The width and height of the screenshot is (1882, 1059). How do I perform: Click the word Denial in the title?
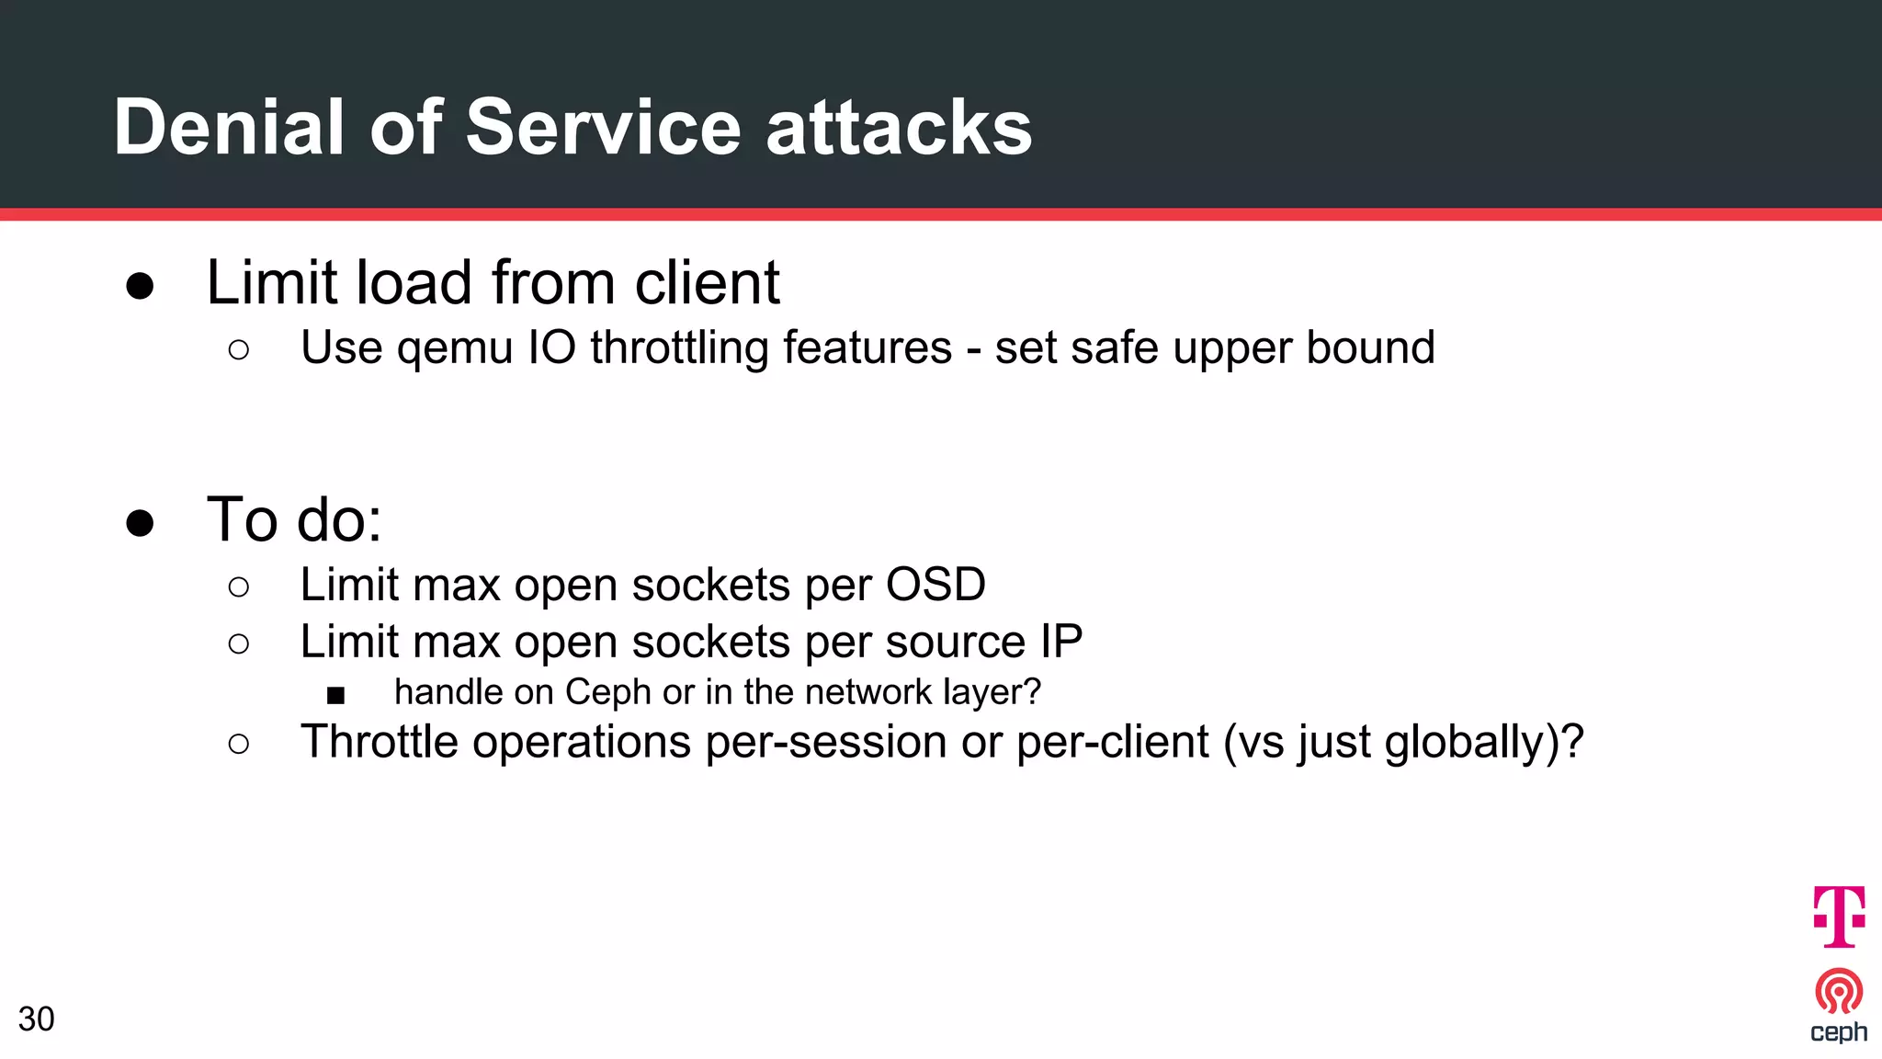point(229,127)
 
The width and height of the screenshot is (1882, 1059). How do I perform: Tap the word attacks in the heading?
point(899,127)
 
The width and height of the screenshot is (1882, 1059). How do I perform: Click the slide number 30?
point(36,1019)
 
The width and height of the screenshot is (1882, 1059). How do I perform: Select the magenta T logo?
point(1838,916)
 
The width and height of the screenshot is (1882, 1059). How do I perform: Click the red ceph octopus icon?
point(1838,991)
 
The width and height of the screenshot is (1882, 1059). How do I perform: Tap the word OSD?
point(935,585)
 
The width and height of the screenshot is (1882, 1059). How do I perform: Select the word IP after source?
point(1060,642)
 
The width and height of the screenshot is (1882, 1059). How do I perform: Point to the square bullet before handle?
point(335,695)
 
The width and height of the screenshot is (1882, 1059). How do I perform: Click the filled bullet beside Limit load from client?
point(140,286)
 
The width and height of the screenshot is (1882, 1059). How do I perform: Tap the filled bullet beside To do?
point(140,523)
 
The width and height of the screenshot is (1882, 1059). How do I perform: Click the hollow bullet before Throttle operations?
point(238,744)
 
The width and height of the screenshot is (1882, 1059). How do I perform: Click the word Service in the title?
point(602,127)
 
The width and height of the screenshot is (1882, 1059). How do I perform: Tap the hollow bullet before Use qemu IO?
point(238,349)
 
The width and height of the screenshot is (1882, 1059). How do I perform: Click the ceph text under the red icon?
point(1838,1032)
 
